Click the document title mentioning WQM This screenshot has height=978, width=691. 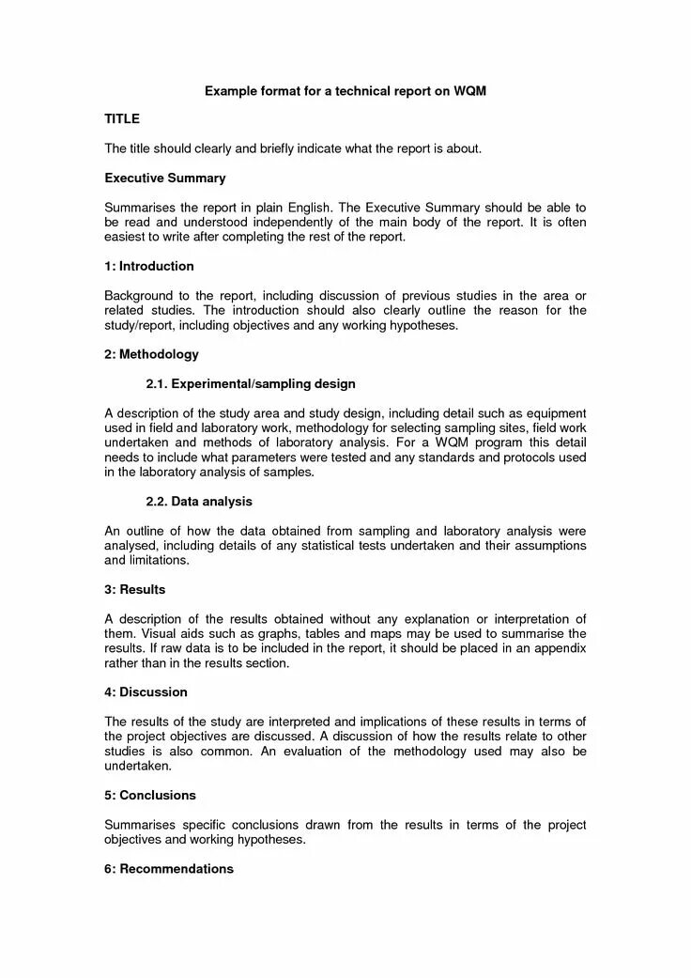[x=345, y=91]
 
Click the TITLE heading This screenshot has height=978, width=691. [x=122, y=119]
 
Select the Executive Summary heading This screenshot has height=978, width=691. [x=165, y=178]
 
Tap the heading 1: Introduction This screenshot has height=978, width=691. [x=149, y=266]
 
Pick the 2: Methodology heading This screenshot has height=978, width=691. [x=151, y=354]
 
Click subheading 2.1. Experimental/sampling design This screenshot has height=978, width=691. [x=251, y=384]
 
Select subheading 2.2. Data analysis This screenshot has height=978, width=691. [x=199, y=502]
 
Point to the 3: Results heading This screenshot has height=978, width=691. [x=135, y=590]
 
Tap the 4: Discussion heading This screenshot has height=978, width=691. [x=146, y=692]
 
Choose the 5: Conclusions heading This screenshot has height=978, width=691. [x=150, y=795]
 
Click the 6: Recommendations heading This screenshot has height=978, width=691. [x=169, y=869]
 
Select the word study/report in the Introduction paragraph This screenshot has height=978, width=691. [x=137, y=325]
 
